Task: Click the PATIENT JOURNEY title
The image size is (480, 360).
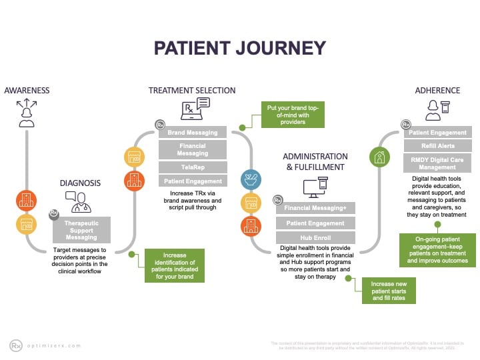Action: [240, 48]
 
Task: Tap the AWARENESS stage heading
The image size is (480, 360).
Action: [27, 91]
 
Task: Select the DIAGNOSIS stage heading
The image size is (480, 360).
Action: [80, 182]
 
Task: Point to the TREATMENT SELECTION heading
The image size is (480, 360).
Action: [192, 91]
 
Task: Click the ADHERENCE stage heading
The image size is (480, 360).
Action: [437, 91]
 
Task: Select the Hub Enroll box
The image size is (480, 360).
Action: [316, 237]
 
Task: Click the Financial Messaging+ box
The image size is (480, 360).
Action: [316, 208]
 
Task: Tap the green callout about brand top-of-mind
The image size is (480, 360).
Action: [292, 115]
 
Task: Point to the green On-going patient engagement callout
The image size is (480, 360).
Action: [437, 250]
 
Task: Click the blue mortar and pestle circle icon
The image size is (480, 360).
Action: [251, 179]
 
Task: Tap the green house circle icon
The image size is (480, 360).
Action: [380, 157]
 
